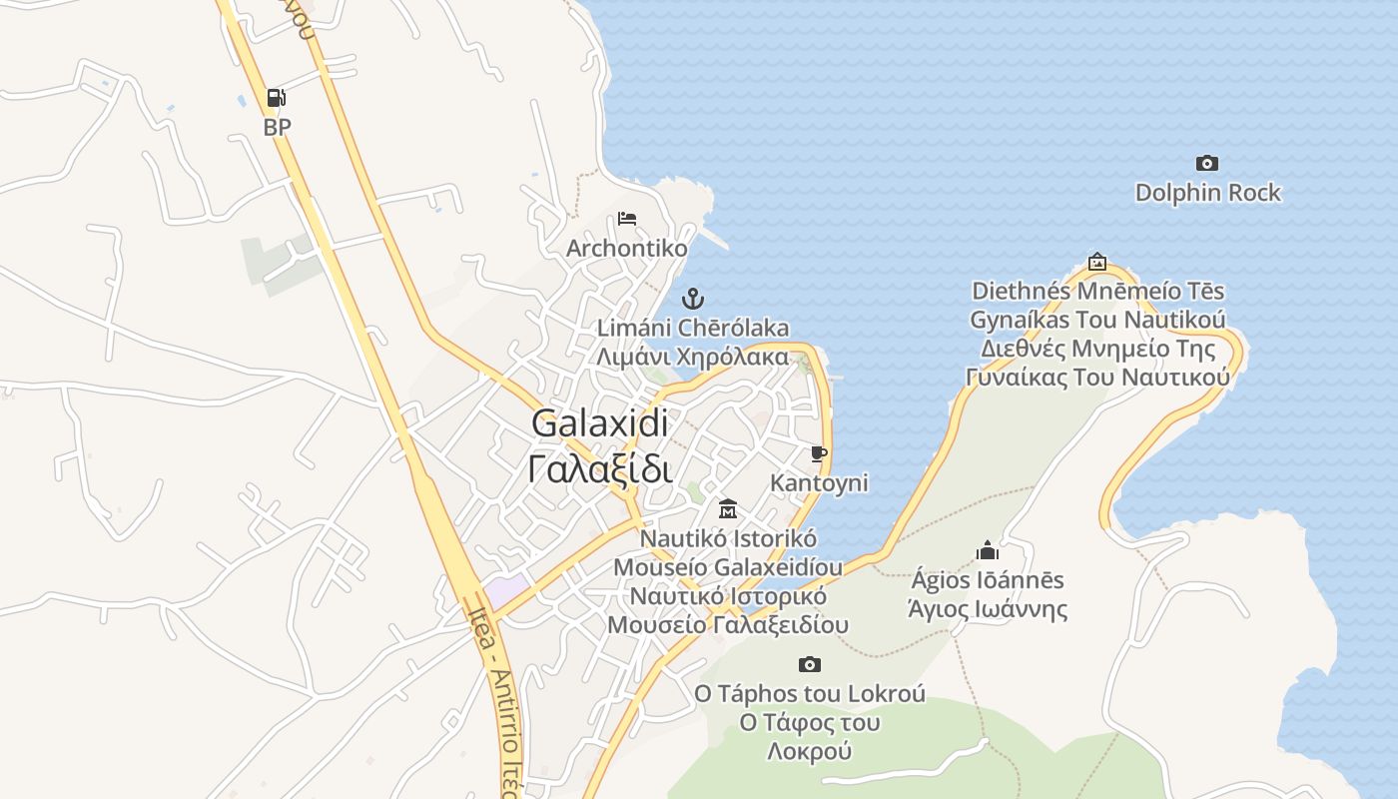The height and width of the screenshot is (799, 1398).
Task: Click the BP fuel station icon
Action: point(277,98)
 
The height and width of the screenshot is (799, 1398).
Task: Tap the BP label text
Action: point(278,127)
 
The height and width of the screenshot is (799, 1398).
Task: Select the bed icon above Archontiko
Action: point(627,219)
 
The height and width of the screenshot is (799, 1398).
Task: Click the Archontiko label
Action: point(627,248)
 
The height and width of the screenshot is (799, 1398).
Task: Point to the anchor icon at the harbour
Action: point(693,299)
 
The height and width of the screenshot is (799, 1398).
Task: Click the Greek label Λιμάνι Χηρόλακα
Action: point(693,357)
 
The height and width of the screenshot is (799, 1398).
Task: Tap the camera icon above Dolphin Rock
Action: point(1207,163)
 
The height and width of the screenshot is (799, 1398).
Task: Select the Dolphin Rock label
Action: point(1207,193)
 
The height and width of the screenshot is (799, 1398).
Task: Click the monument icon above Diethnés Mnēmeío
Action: point(1097,262)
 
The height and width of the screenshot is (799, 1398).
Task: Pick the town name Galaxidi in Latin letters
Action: point(599,422)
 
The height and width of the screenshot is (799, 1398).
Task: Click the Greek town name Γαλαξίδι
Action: point(599,467)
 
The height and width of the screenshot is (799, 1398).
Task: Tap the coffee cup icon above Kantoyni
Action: point(819,454)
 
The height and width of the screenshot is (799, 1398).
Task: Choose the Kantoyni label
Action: point(819,483)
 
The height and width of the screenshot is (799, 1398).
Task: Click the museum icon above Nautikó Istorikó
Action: point(728,509)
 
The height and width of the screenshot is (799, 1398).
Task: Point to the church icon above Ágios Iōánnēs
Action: point(988,550)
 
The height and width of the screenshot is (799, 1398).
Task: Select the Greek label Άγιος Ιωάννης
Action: point(988,609)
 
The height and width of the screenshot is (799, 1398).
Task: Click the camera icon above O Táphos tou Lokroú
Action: point(810,664)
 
